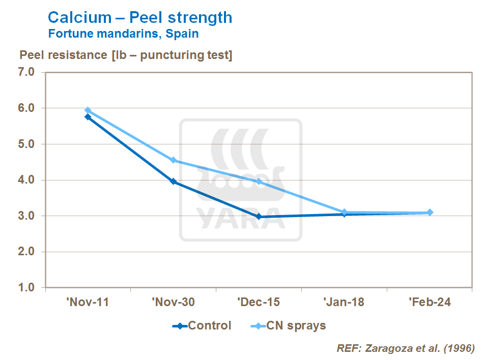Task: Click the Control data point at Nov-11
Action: point(88,117)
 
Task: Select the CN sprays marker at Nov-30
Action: point(174,160)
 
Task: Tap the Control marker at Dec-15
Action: point(259,217)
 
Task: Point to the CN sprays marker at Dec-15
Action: point(259,182)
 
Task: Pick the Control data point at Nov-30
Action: point(174,182)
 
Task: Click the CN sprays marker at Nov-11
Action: point(88,110)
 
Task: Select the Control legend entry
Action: point(203,326)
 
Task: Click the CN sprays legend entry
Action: point(289,326)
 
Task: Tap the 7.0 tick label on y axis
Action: point(26,72)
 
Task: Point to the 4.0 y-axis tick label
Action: point(26,180)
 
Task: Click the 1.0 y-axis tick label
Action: point(26,288)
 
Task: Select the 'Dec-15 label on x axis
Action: point(259,302)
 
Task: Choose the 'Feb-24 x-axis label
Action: point(430,302)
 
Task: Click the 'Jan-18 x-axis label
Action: point(344,302)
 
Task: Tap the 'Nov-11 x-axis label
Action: point(88,302)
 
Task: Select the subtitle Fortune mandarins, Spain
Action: point(123,35)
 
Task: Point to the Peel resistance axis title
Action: point(125,55)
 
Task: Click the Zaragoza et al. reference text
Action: point(406,348)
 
